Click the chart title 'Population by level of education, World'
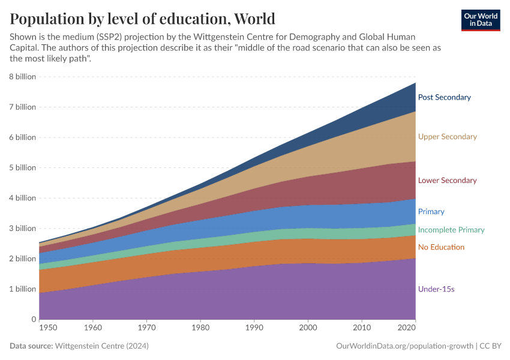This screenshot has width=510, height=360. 142,19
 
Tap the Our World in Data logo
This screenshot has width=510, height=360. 481,20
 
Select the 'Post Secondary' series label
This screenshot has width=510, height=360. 444,97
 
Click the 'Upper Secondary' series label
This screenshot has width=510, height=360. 447,137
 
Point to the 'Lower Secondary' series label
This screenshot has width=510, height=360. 447,181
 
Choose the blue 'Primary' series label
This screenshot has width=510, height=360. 431,212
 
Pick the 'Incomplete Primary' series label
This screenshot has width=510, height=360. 451,230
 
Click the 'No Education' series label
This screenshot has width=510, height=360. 441,247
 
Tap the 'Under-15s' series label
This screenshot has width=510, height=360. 436,289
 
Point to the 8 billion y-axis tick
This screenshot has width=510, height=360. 23,77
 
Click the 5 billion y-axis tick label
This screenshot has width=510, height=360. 23,167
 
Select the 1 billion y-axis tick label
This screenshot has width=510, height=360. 23,289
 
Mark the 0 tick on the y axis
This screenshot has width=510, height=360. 33,319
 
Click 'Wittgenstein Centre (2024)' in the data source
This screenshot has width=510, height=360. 101,346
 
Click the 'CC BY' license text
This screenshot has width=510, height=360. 491,346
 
